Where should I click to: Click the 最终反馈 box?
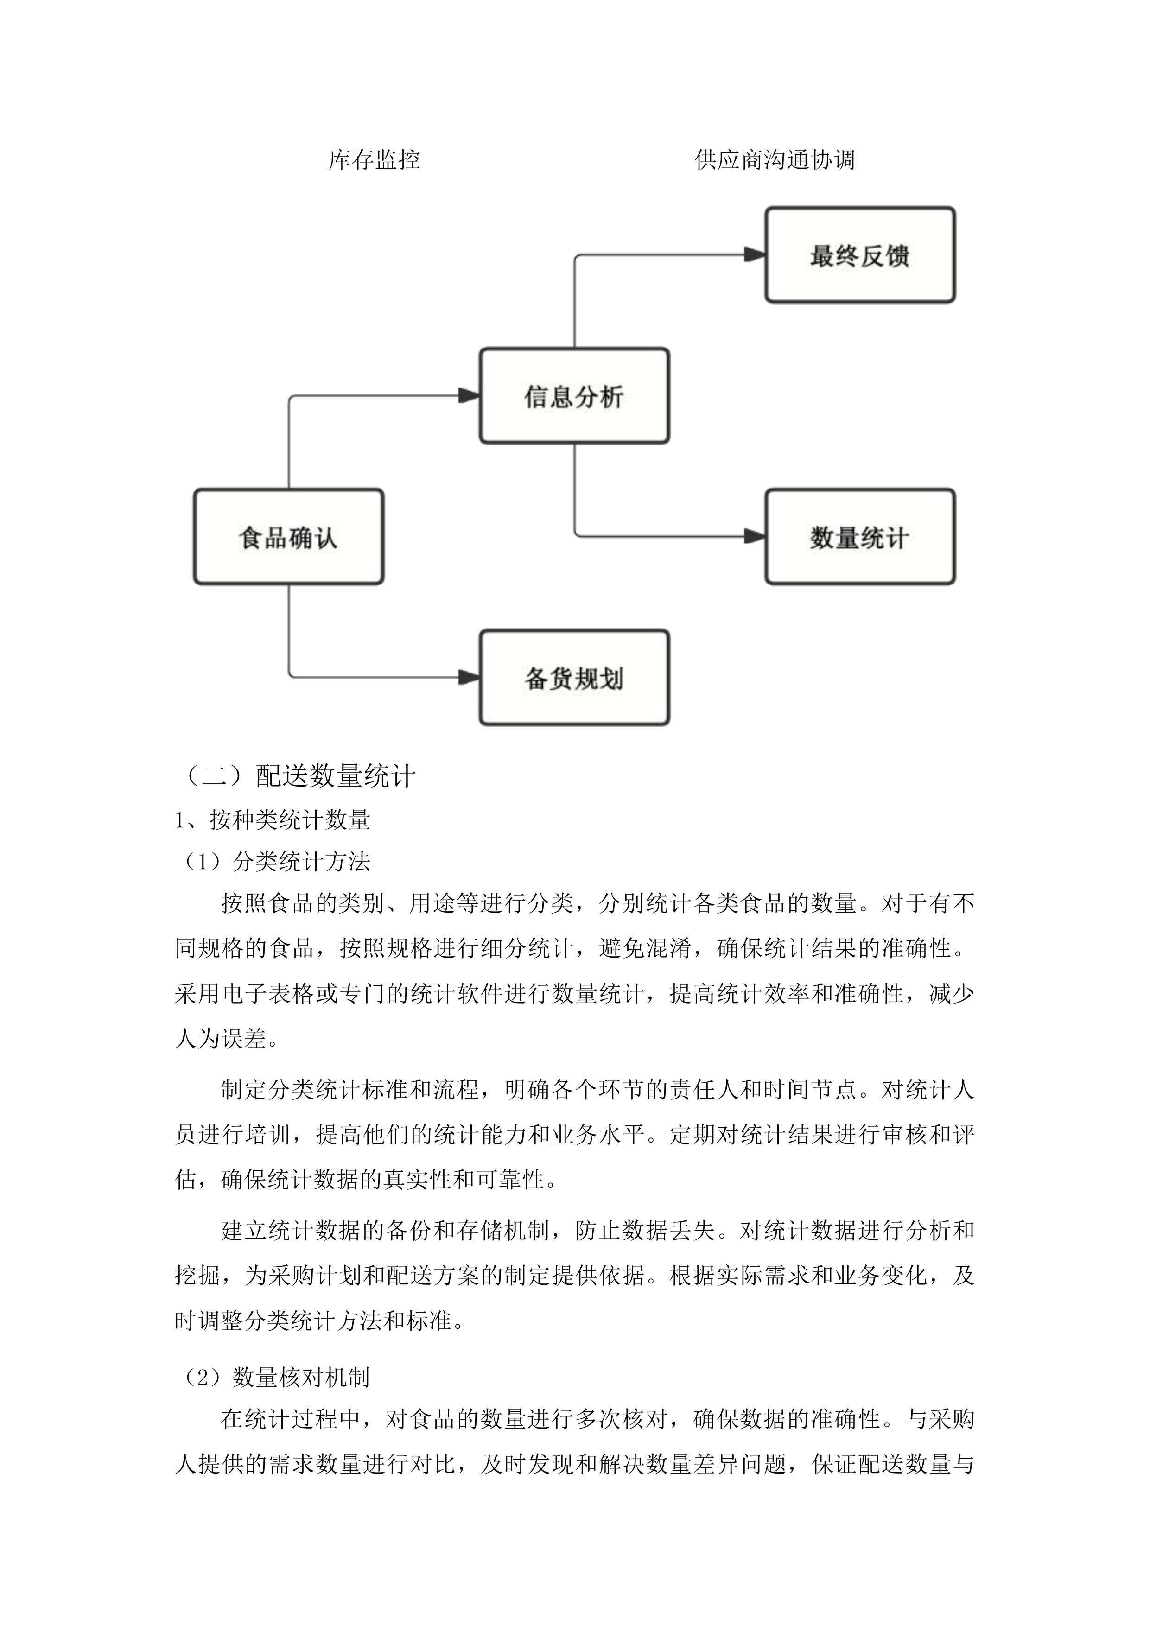[860, 255]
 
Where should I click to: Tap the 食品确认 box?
[288, 537]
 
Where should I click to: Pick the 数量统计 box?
[860, 537]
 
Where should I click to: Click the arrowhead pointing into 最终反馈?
[755, 254]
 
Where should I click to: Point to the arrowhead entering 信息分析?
[470, 395]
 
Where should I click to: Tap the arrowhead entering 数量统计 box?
[755, 537]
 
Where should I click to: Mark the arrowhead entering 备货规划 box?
[470, 677]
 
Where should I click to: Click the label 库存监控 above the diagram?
[374, 160]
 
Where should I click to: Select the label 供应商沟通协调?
[775, 160]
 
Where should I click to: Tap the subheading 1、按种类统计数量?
[273, 820]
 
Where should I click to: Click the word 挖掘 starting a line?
[197, 1276]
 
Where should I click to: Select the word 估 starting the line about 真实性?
[185, 1179]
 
